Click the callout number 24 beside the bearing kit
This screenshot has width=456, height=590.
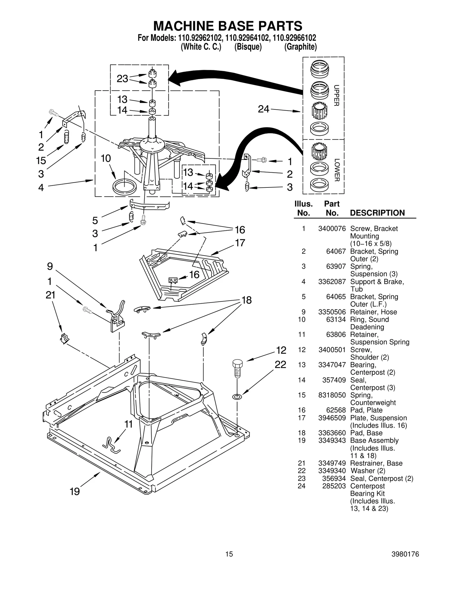263,109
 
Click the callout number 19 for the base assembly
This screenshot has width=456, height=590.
75,491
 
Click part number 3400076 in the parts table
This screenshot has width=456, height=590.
332,228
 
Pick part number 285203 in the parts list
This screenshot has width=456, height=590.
334,486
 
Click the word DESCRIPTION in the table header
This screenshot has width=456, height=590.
377,213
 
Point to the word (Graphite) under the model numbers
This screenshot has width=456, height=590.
300,47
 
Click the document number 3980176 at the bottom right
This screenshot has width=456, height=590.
405,554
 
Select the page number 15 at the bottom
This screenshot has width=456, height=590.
229,554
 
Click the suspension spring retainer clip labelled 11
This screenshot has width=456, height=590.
111,445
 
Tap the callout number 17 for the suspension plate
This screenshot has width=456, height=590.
240,243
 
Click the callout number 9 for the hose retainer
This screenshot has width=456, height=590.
50,266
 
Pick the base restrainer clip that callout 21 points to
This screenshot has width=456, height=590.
64,338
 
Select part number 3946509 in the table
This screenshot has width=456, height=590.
332,418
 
